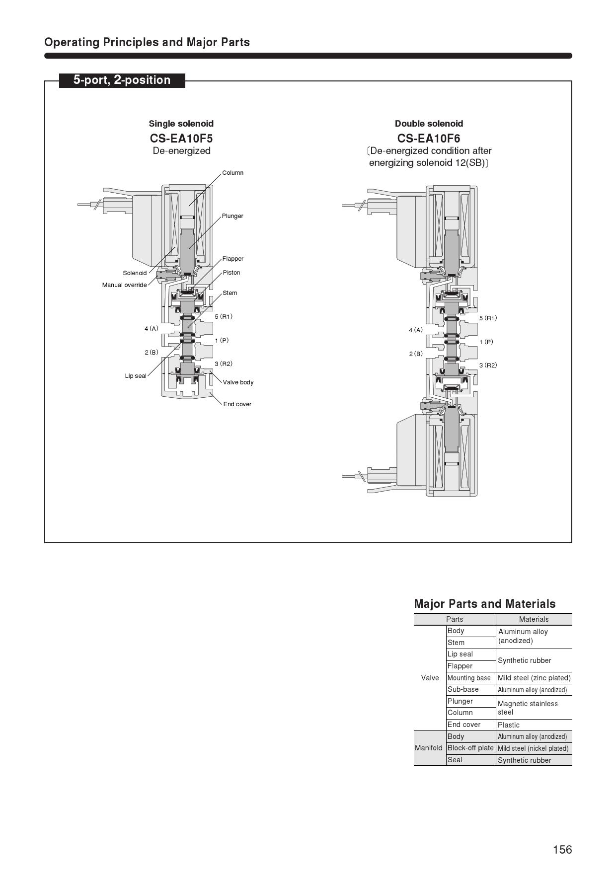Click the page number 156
coord(562,850)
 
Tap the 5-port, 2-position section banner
coord(122,80)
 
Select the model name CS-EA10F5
coord(181,138)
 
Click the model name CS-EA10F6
coord(429,138)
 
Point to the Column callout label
coord(232,173)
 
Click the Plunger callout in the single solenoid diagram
coord(232,216)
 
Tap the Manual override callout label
coord(124,285)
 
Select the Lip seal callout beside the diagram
coord(136,376)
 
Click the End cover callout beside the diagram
coord(237,404)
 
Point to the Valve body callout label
coord(238,382)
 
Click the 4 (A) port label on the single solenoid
coord(152,329)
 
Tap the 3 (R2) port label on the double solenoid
coord(488,365)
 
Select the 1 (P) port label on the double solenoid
coord(486,342)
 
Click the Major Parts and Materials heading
coord(484,604)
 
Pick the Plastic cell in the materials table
coord(509,725)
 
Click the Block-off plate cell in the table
coord(470,748)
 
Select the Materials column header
coord(534,619)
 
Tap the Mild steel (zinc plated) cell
coord(534,678)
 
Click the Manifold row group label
coord(429,748)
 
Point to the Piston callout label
coord(231,273)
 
